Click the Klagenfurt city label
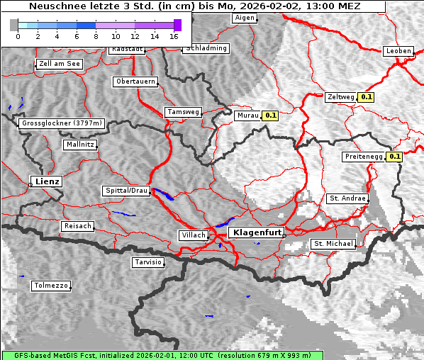click(257, 232)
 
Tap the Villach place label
click(193, 235)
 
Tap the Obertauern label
click(135, 81)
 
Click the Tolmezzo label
click(51, 286)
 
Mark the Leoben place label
click(398, 51)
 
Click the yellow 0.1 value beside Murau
click(270, 115)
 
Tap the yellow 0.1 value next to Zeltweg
click(366, 96)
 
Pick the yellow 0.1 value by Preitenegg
click(394, 157)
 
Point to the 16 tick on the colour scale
click(174, 35)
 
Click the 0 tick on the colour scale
click(18, 35)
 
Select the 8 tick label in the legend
click(96, 35)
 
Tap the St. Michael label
click(333, 244)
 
